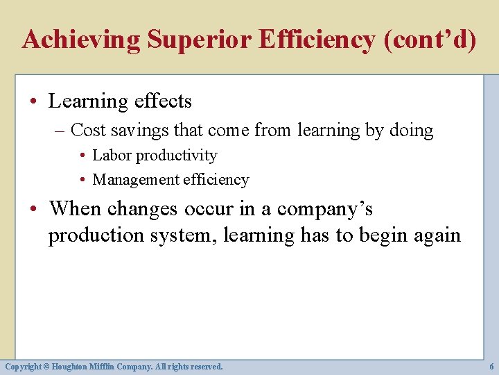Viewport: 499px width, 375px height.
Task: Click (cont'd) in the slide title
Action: pyautogui.click(x=429, y=40)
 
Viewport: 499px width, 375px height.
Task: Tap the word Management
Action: pyautogui.click(x=136, y=180)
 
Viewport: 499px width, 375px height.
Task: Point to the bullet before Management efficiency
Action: pyautogui.click(x=83, y=180)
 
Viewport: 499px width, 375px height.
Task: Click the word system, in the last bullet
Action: pyautogui.click(x=184, y=235)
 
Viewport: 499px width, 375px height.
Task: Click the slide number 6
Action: pyautogui.click(x=491, y=366)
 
